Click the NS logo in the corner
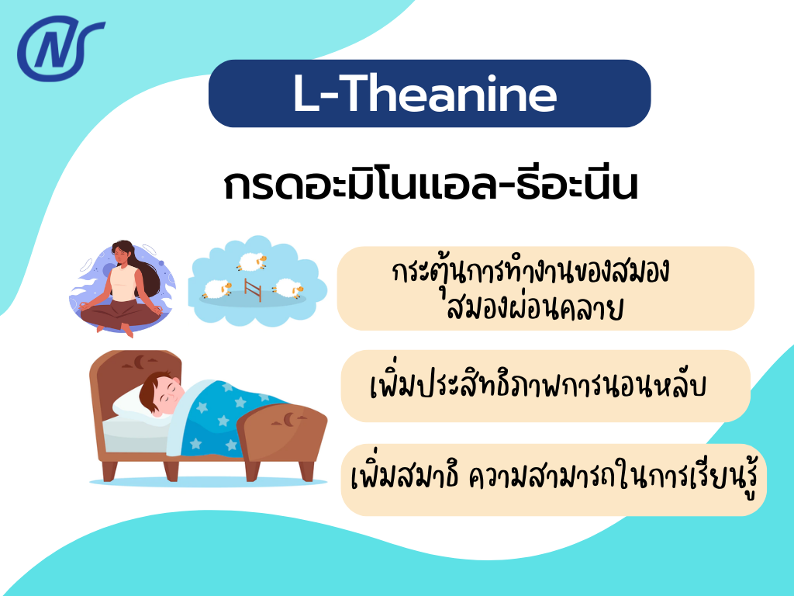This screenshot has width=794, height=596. click(x=60, y=50)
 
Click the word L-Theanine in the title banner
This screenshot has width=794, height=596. click(x=425, y=94)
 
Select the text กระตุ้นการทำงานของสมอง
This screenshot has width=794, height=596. click(x=531, y=274)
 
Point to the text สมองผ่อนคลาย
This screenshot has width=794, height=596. click(x=535, y=308)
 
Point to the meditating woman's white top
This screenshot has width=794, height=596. click(x=123, y=283)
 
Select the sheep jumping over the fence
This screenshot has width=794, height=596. click(x=250, y=262)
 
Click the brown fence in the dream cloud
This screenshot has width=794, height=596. click(x=251, y=288)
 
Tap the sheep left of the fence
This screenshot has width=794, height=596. click(x=217, y=290)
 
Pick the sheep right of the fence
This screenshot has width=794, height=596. click(x=287, y=288)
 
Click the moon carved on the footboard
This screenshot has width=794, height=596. click(x=288, y=419)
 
